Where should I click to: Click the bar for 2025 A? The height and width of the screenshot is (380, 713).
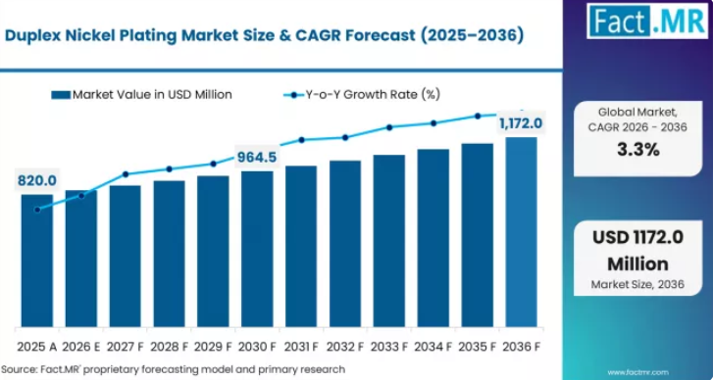pyautogui.click(x=37, y=261)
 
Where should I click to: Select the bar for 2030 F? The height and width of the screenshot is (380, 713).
pyautogui.click(x=257, y=249)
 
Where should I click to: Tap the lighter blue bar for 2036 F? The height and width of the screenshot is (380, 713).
pyautogui.click(x=521, y=232)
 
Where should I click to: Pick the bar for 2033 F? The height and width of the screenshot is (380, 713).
pyautogui.click(x=389, y=241)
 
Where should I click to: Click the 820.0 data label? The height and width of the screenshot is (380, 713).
pyautogui.click(x=37, y=180)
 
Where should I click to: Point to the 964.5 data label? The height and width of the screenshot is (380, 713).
pyautogui.click(x=256, y=157)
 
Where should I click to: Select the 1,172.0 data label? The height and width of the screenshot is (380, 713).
pyautogui.click(x=521, y=123)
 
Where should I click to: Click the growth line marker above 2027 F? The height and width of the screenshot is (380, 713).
pyautogui.click(x=126, y=174)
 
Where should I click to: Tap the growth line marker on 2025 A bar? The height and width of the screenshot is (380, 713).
pyautogui.click(x=37, y=210)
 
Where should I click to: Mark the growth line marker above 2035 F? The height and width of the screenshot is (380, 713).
pyautogui.click(x=478, y=116)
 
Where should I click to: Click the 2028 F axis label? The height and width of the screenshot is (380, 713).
pyautogui.click(x=169, y=348)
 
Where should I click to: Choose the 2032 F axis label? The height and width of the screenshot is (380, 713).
pyautogui.click(x=345, y=348)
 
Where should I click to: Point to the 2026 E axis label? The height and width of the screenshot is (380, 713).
pyautogui.click(x=81, y=348)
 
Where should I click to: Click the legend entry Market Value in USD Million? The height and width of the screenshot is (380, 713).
pyautogui.click(x=142, y=94)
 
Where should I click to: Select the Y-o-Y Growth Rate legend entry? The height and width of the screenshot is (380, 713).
pyautogui.click(x=362, y=94)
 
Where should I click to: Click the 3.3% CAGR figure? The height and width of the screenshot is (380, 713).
pyautogui.click(x=637, y=150)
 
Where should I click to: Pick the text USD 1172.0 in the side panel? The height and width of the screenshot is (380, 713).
pyautogui.click(x=637, y=238)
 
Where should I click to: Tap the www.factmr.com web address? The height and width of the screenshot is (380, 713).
pyautogui.click(x=637, y=372)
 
